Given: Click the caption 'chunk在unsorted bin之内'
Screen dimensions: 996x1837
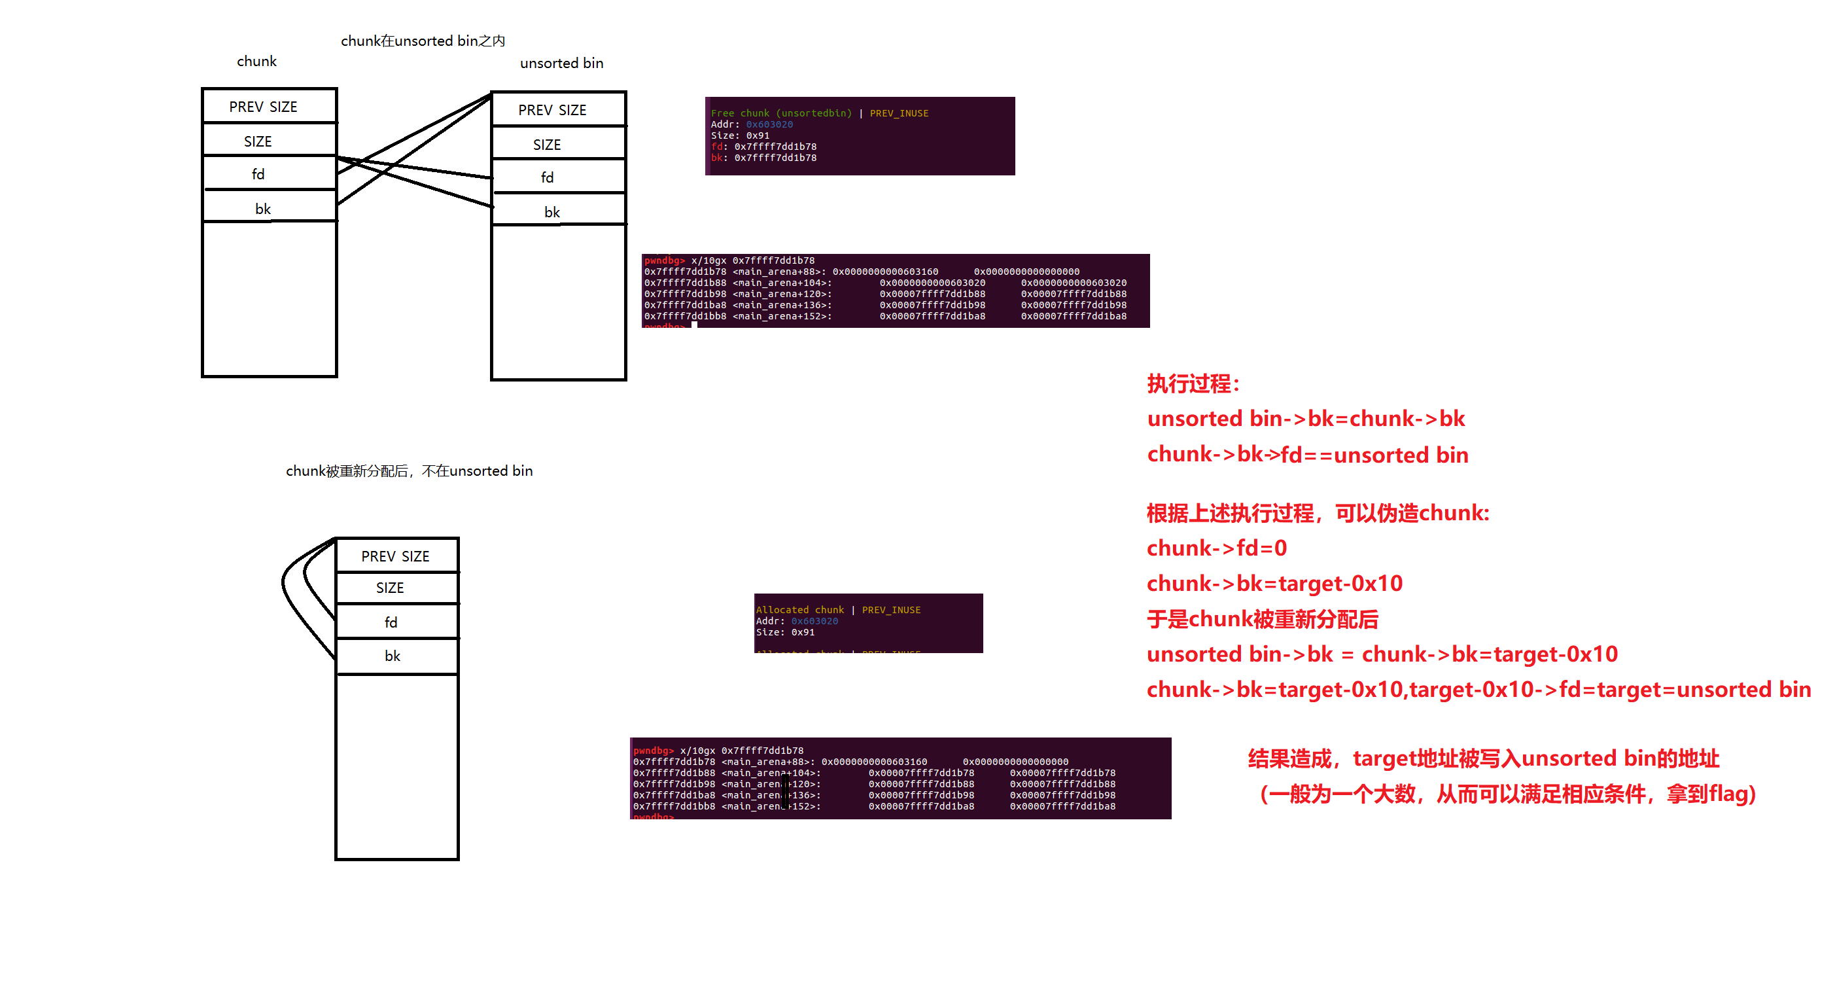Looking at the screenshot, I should (422, 41).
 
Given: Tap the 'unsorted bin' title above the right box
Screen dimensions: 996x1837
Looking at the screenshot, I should (561, 63).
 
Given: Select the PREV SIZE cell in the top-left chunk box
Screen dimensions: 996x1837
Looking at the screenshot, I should (263, 106).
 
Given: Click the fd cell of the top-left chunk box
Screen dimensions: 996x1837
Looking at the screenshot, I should (258, 174).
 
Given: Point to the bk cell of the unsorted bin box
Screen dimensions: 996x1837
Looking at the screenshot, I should (552, 212).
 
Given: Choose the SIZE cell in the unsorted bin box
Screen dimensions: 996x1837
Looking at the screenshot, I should (547, 144).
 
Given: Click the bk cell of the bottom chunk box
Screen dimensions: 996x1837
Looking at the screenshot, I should (393, 656).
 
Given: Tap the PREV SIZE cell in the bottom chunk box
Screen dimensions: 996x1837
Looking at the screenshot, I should (395, 556).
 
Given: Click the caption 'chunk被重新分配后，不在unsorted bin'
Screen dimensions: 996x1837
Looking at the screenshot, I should (410, 471).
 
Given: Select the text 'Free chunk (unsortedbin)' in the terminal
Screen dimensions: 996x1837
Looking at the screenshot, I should (781, 113).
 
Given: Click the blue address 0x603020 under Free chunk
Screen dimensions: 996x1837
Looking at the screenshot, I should (769, 124).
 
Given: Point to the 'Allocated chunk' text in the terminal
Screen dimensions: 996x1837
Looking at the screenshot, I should (799, 609).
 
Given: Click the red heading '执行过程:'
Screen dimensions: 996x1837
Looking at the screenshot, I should (1193, 384).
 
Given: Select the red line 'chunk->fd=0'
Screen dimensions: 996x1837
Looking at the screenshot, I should (1217, 548).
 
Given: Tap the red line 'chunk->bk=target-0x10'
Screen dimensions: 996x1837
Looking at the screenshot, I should (1274, 584).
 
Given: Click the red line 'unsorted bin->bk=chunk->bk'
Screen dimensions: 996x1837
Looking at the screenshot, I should (1306, 419).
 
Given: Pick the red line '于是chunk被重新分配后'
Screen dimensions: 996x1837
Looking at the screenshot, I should (1262, 618).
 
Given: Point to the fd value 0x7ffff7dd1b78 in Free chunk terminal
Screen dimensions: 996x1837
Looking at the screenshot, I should (775, 147).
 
